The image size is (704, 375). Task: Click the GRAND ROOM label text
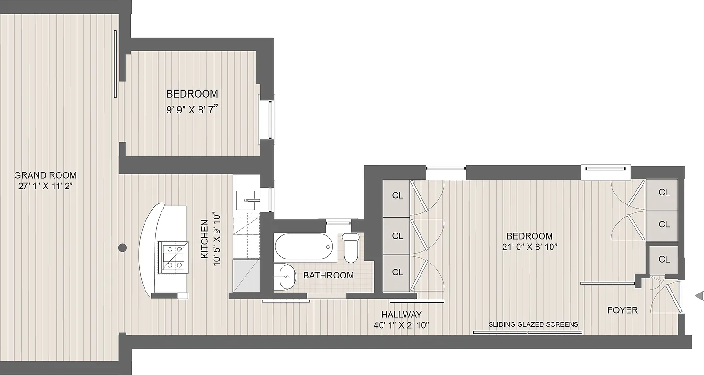click(45, 175)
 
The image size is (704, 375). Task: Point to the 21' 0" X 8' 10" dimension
click(529, 247)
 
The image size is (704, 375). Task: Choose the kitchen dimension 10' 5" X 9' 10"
click(215, 239)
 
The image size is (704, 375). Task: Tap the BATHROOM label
click(329, 275)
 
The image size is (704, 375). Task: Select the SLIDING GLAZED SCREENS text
click(533, 324)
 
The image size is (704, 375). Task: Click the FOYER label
click(622, 310)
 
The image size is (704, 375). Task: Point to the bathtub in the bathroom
click(304, 247)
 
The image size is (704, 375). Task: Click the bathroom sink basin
click(284, 277)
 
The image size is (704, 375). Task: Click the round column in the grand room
click(122, 247)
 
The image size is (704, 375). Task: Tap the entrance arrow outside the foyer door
click(699, 295)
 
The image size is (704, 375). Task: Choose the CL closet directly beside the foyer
click(664, 259)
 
